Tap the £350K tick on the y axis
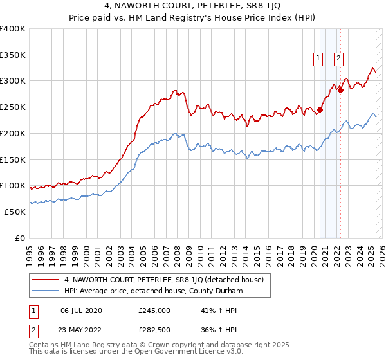coord(13,55)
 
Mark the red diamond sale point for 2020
coord(320,109)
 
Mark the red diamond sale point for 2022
coord(341,90)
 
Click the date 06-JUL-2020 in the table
coord(81,310)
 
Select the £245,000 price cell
coord(154,310)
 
